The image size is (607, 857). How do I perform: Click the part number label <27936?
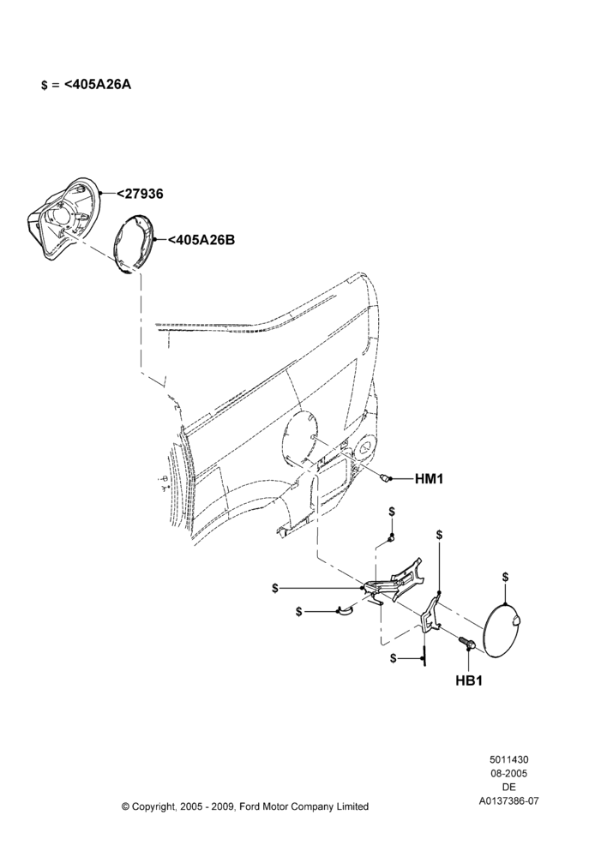coord(140,194)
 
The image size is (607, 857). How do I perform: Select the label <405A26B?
coord(201,239)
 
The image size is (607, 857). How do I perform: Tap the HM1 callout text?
coord(430,479)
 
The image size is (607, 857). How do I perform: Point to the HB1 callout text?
coord(469,681)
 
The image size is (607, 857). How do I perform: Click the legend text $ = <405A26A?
coord(87,85)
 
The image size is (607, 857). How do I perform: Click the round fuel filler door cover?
coord(502,630)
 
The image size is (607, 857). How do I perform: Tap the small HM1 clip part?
coord(387,479)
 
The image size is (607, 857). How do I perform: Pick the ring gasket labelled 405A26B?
coord(134,244)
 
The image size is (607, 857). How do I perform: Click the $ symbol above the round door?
coord(505,577)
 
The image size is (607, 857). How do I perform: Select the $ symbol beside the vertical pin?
coord(394,658)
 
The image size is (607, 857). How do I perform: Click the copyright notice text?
coord(245,806)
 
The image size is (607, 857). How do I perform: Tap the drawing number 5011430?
coord(508,759)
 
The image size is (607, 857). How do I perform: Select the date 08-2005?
coord(508,773)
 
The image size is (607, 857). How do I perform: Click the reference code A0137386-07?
coord(508,801)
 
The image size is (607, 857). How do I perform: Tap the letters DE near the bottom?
coord(508,788)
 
